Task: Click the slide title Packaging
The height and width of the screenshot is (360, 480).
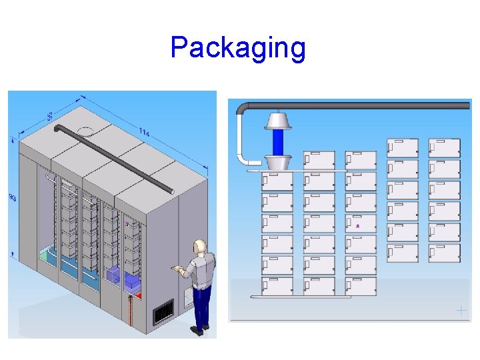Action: (238, 48)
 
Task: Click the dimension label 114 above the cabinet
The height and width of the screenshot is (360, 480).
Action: (144, 133)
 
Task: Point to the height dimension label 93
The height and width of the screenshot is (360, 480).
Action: (13, 197)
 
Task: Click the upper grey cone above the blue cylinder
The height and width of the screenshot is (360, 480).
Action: (278, 121)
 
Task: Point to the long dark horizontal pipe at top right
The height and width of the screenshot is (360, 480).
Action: (373, 105)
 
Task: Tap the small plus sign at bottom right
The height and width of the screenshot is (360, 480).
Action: (461, 310)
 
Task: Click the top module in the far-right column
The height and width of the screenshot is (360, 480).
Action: (445, 148)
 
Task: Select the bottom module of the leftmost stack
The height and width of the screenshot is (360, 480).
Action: (277, 285)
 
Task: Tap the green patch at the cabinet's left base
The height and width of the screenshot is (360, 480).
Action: (43, 254)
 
